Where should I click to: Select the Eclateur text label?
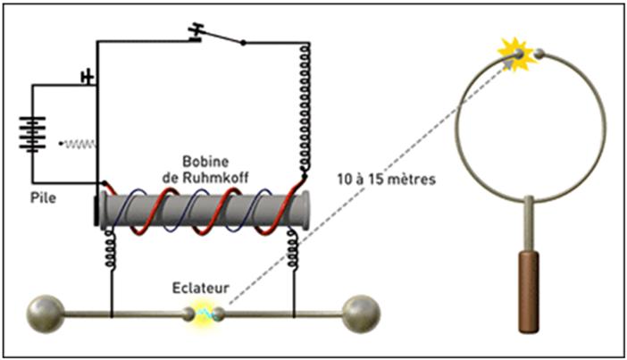[x=202, y=289]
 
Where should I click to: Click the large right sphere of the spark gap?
[x=362, y=312]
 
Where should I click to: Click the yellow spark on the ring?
[x=516, y=54]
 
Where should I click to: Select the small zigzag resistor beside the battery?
[x=79, y=143]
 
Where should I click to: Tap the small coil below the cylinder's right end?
[x=293, y=245]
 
